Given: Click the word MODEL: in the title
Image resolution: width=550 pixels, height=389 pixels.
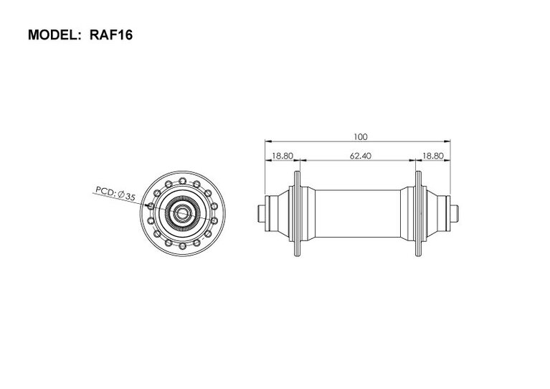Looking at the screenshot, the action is click(54, 35).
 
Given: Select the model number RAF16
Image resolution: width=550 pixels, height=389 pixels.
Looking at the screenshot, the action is click(111, 35).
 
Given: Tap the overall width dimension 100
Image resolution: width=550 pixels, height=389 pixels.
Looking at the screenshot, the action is click(360, 136).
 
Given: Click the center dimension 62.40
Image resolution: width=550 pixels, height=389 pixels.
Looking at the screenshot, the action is click(360, 156).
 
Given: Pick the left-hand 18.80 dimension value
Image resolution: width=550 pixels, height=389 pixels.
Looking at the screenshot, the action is click(283, 156).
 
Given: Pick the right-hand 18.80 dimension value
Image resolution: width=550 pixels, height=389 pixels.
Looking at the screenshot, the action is click(433, 156).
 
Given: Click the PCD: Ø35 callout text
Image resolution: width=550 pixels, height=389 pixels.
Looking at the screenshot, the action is click(115, 194).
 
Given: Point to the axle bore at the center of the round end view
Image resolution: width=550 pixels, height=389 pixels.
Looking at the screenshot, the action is click(182, 213).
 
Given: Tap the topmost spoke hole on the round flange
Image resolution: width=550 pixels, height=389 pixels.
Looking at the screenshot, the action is click(182, 181).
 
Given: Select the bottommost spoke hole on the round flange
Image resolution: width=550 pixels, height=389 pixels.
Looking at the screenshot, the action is click(182, 245).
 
